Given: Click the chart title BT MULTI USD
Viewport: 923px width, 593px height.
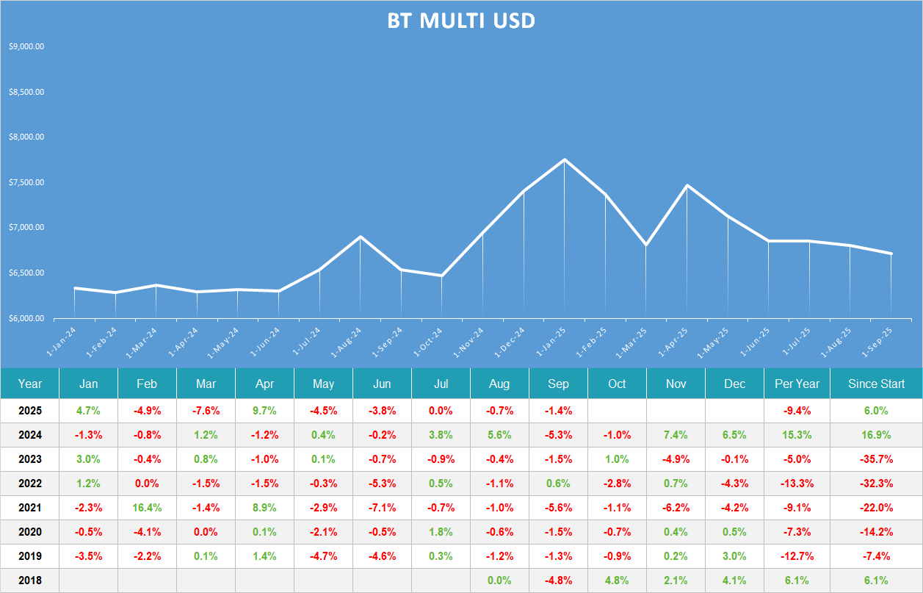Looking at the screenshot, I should pos(461,21).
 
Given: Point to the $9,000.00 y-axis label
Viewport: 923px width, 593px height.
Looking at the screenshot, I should pos(26,46).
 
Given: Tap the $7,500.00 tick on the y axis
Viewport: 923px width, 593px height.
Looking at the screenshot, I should pos(26,182).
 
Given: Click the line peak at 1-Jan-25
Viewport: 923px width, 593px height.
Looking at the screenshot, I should pos(564,159).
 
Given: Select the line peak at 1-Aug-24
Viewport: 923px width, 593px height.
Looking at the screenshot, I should pos(360,237).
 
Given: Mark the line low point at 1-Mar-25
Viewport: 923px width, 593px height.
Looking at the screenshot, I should pos(645,245).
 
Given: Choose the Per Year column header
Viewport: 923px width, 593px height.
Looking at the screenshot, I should pos(797,384).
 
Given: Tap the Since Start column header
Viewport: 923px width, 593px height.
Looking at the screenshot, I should pos(876,384).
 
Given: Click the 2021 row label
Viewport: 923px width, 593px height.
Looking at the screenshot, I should pos(30,508).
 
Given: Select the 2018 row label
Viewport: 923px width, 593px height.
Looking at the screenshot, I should pos(30,581).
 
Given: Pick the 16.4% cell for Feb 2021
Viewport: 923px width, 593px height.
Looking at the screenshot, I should pos(147,508).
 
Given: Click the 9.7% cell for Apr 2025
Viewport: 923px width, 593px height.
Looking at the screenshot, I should pos(264,411).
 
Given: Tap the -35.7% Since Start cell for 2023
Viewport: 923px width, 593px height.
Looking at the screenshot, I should pos(876,459).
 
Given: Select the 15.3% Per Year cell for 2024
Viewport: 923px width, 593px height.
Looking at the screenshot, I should pos(797,435).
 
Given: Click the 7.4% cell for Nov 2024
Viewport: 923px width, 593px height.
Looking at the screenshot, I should pos(676,435).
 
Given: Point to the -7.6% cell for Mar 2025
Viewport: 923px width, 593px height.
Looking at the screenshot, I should pos(206,411).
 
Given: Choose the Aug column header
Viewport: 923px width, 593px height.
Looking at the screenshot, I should pos(499,384).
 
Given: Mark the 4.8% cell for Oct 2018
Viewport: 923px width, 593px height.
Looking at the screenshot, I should pos(617,581).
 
